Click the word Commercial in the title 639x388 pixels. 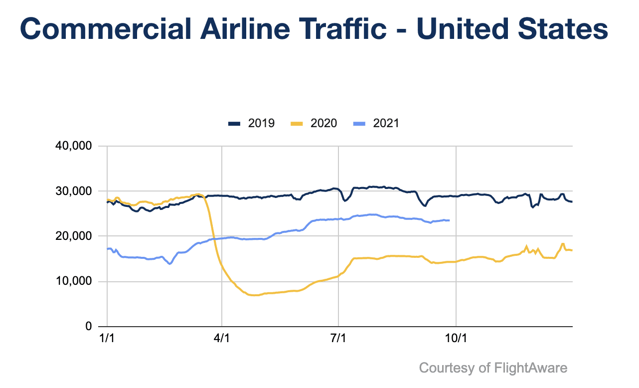pyautogui.click(x=105, y=29)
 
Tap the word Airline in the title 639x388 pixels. pyautogui.click(x=245, y=29)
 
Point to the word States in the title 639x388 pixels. pyautogui.click(x=563, y=29)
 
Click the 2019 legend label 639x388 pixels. pyautogui.click(x=261, y=123)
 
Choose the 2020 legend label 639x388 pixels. pyautogui.click(x=324, y=123)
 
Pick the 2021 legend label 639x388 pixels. pyautogui.click(x=386, y=123)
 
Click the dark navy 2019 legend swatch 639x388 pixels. pyautogui.click(x=234, y=124)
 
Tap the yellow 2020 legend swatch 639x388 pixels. pyautogui.click(x=297, y=124)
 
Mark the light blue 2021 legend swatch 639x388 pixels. pyautogui.click(x=359, y=124)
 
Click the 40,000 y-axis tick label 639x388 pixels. pyautogui.click(x=74, y=146)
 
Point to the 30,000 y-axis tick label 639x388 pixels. pyautogui.click(x=74, y=191)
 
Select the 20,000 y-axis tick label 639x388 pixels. pyautogui.click(x=74, y=236)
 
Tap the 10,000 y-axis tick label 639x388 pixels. pyautogui.click(x=74, y=281)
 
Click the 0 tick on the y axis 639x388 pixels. pyautogui.click(x=89, y=326)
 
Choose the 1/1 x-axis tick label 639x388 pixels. pyautogui.click(x=107, y=338)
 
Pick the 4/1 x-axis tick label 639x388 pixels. pyautogui.click(x=222, y=338)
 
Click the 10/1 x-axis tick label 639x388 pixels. pyautogui.click(x=456, y=338)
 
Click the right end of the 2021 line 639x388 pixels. pyautogui.click(x=449, y=220)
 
